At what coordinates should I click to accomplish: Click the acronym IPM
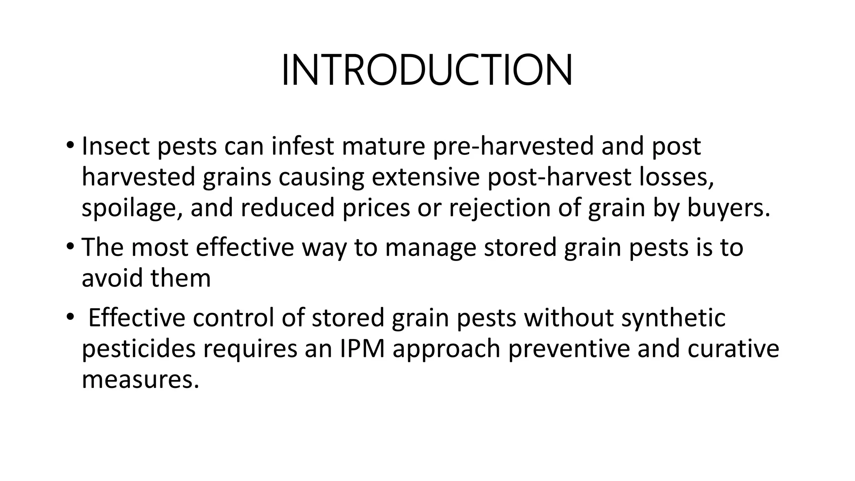coord(362,349)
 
